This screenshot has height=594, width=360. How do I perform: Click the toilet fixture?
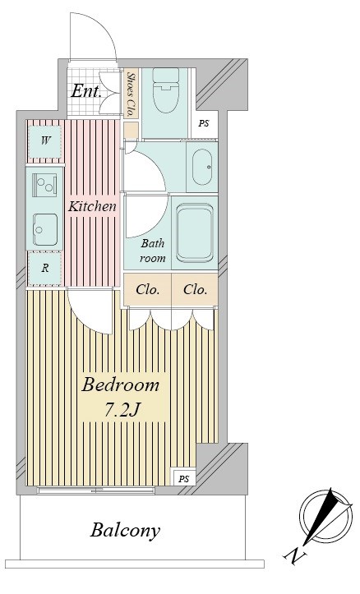(x=165, y=90)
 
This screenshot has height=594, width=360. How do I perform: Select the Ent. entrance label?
(x=86, y=91)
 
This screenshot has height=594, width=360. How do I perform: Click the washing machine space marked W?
(x=45, y=141)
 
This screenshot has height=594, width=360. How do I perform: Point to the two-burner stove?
(x=44, y=185)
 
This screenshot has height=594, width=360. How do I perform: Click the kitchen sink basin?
(x=44, y=229)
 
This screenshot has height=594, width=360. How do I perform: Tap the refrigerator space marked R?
(x=45, y=268)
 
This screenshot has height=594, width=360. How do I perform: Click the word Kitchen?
(x=92, y=206)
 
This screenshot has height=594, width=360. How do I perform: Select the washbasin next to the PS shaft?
(x=202, y=167)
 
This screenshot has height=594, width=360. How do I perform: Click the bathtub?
(x=195, y=233)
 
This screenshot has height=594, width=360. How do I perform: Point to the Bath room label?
(x=153, y=251)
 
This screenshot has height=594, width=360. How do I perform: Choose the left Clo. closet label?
(x=147, y=290)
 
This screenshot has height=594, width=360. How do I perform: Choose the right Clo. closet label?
(x=195, y=290)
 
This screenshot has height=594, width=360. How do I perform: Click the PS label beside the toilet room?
(x=204, y=123)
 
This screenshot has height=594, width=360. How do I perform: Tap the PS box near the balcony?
(x=184, y=478)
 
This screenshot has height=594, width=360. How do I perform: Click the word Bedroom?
(x=120, y=385)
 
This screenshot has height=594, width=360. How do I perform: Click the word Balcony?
(x=125, y=531)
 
